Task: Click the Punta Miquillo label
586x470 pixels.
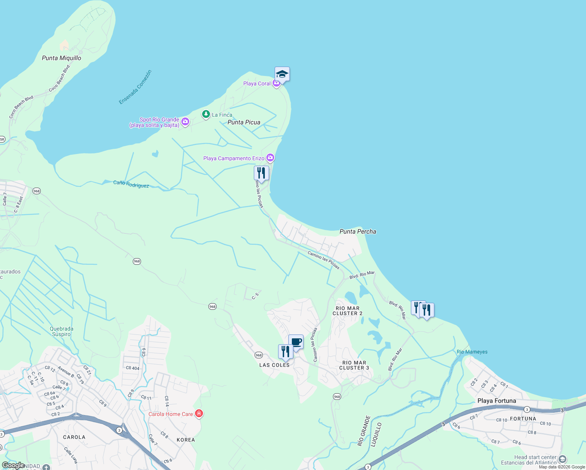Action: click(x=61, y=58)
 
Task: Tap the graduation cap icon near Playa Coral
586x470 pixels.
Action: click(x=282, y=74)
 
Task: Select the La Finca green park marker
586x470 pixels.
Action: click(x=206, y=114)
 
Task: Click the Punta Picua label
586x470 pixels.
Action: click(x=244, y=122)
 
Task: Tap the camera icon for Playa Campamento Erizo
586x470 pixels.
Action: click(x=270, y=158)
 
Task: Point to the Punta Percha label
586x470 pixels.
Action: click(x=358, y=231)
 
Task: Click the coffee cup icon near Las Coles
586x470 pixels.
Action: click(x=296, y=342)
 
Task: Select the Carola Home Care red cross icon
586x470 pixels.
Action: click(x=199, y=414)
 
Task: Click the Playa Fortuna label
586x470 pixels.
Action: click(x=497, y=401)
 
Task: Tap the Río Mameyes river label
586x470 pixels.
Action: click(x=472, y=352)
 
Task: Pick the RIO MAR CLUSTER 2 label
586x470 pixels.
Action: click(x=347, y=311)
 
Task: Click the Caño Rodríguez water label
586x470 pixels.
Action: click(x=131, y=184)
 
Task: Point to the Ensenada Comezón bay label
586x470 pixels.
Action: click(x=135, y=87)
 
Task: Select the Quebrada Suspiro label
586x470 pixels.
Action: click(x=61, y=331)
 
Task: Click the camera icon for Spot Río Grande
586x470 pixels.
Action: click(x=185, y=122)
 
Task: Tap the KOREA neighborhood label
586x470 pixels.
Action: click(x=186, y=440)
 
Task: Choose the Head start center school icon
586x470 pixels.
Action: click(x=562, y=459)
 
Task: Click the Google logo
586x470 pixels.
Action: click(x=13, y=465)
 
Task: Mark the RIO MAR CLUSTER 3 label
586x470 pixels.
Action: click(x=354, y=365)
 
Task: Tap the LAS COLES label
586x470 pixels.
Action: click(x=274, y=365)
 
